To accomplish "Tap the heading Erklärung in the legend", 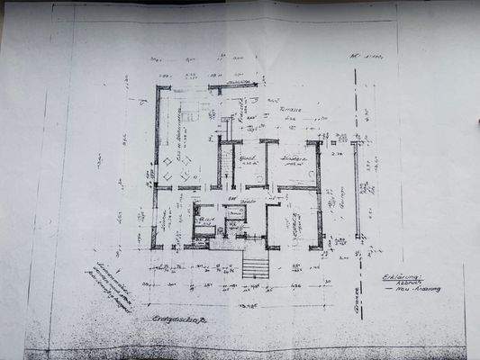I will tap(402, 278).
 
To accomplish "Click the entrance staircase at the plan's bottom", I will tap(257, 267).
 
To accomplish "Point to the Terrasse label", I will tap(289, 108).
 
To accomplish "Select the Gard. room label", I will tap(249, 158).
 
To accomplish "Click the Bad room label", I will tap(205, 217).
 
